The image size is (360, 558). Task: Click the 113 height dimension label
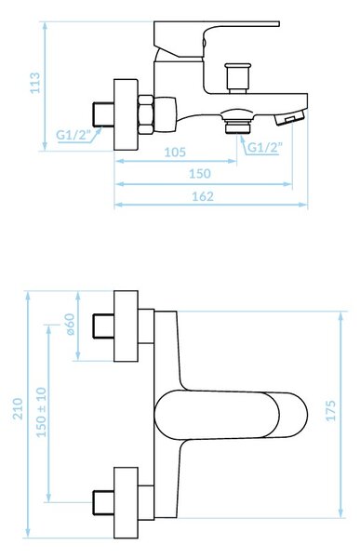(35, 83)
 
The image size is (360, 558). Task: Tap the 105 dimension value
(175, 153)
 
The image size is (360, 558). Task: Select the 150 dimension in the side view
(200, 174)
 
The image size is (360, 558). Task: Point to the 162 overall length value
(203, 196)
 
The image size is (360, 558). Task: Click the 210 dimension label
(18, 409)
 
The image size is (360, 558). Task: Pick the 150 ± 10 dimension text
(41, 412)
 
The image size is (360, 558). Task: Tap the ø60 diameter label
(70, 325)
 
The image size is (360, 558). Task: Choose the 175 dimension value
(331, 411)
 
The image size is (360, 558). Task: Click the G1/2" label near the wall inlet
(73, 135)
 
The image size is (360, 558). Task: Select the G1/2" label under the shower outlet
(264, 147)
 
